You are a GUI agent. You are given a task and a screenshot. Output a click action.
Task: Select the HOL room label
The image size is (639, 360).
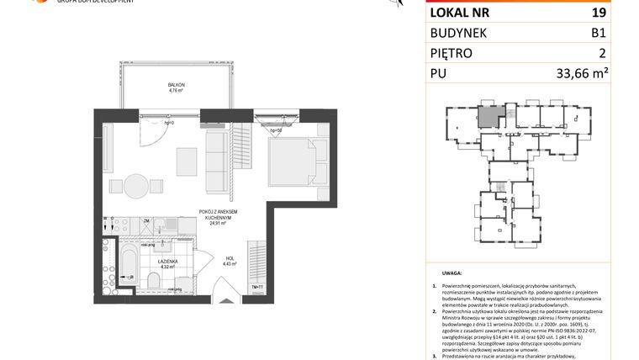[230, 261]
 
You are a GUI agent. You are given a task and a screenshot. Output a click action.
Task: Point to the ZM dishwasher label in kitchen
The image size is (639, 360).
[147, 221]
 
